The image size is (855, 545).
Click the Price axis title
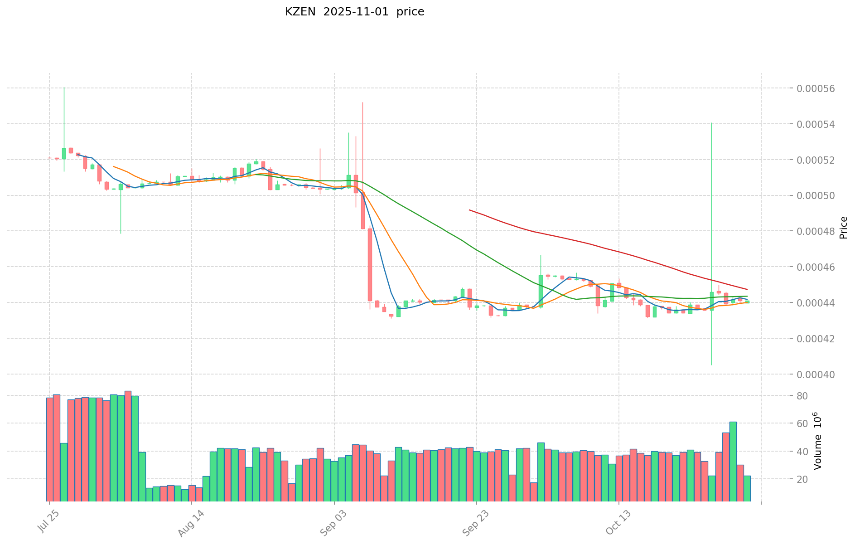tap(843, 228)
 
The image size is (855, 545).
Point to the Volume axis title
tap(817, 441)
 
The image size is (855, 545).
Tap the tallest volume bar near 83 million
tap(128, 446)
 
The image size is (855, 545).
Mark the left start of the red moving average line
tap(469, 210)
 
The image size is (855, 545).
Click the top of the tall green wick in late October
tap(711, 123)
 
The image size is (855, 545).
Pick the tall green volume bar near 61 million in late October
tap(733, 461)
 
